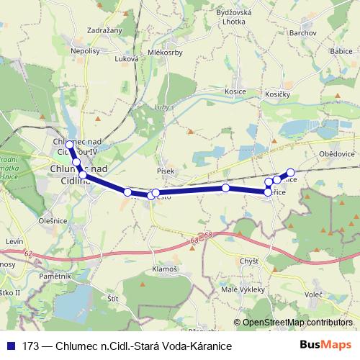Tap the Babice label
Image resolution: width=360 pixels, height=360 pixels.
pyautogui.click(x=339, y=52)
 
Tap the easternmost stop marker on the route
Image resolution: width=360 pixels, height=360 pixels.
pyautogui.click(x=291, y=173)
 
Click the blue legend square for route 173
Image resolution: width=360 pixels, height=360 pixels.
pyautogui.click(x=9, y=346)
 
